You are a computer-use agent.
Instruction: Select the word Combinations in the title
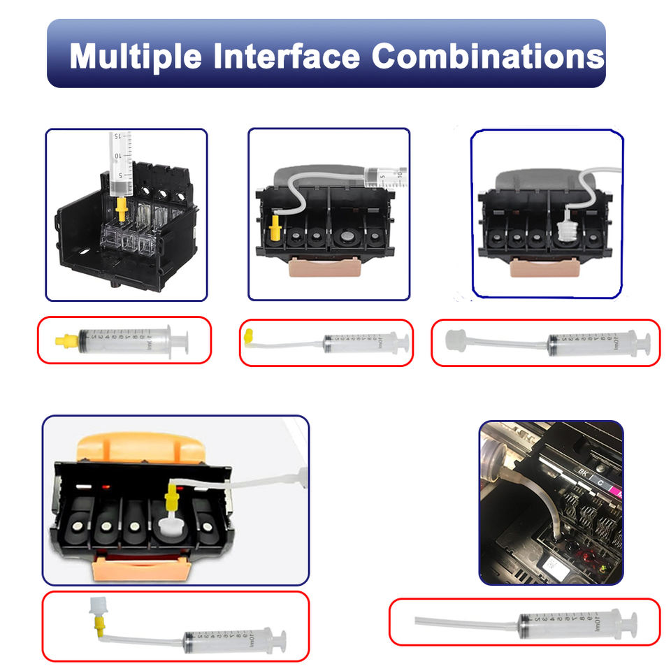pyautogui.click(x=487, y=55)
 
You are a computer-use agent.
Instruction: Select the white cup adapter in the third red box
pyautogui.click(x=456, y=340)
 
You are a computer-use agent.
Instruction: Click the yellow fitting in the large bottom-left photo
pyautogui.click(x=171, y=498)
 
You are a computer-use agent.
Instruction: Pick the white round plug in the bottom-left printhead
pyautogui.click(x=170, y=524)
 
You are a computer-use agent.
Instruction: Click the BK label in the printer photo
pyautogui.click(x=582, y=473)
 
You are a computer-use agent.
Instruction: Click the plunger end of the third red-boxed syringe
pyautogui.click(x=644, y=342)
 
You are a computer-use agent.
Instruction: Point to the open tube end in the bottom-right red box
pyautogui.click(x=417, y=620)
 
